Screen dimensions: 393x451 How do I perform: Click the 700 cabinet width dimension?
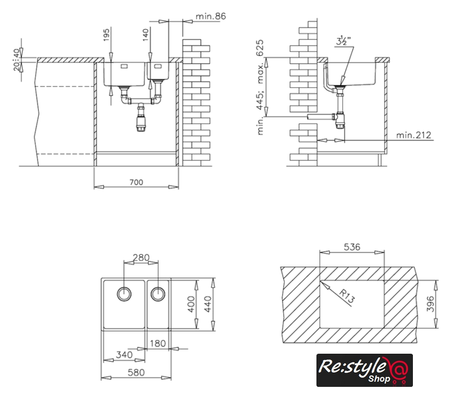136,182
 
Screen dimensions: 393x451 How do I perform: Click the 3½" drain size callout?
343,42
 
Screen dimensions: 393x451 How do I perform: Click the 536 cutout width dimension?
351,247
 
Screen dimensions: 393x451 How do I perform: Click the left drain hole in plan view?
124,292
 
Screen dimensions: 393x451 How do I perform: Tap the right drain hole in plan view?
158,292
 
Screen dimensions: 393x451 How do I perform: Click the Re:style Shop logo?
364,370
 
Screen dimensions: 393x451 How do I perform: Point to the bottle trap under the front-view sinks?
141,119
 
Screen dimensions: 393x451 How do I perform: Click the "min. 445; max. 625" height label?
261,87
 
